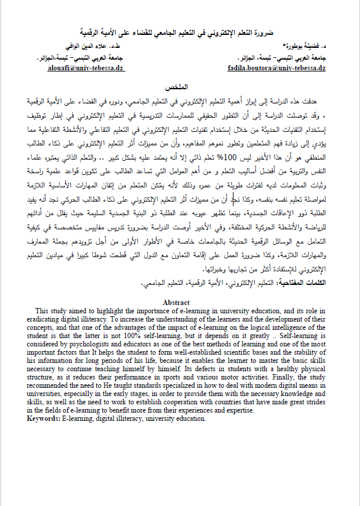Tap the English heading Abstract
click(x=176, y=302)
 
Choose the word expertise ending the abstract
click(x=238, y=410)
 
